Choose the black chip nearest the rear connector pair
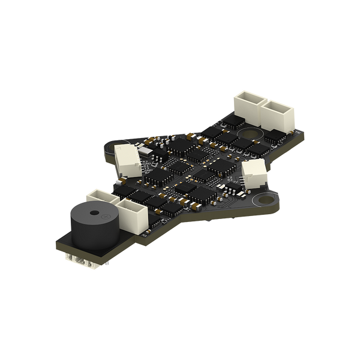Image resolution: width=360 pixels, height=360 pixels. tap(227, 137)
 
